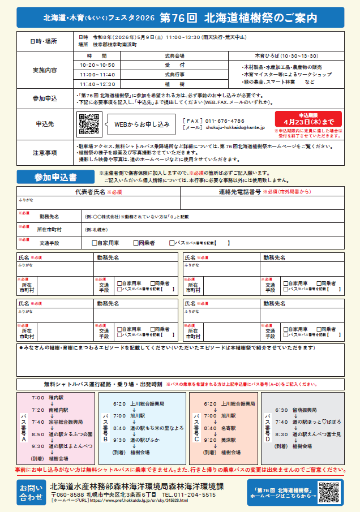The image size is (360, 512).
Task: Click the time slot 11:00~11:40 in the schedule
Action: point(97,74)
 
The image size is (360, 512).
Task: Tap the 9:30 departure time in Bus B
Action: point(119,440)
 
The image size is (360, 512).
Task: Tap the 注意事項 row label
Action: point(45,152)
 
